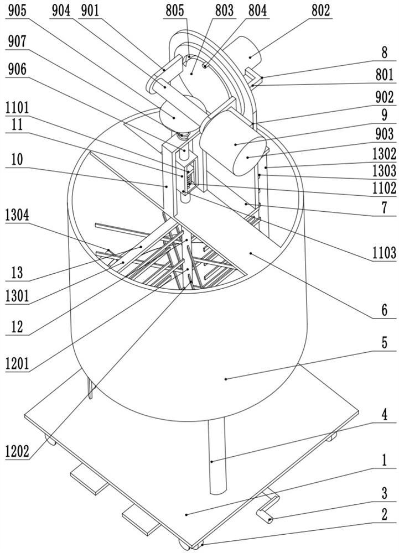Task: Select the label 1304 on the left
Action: [17, 215]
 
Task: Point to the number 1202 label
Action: [17, 451]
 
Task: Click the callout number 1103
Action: [384, 253]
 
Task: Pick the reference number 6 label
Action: [384, 310]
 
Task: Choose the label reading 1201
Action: [17, 363]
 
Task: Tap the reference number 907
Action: [17, 41]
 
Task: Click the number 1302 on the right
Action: [384, 154]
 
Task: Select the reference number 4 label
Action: [384, 415]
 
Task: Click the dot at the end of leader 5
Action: [226, 379]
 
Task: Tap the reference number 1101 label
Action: [17, 108]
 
